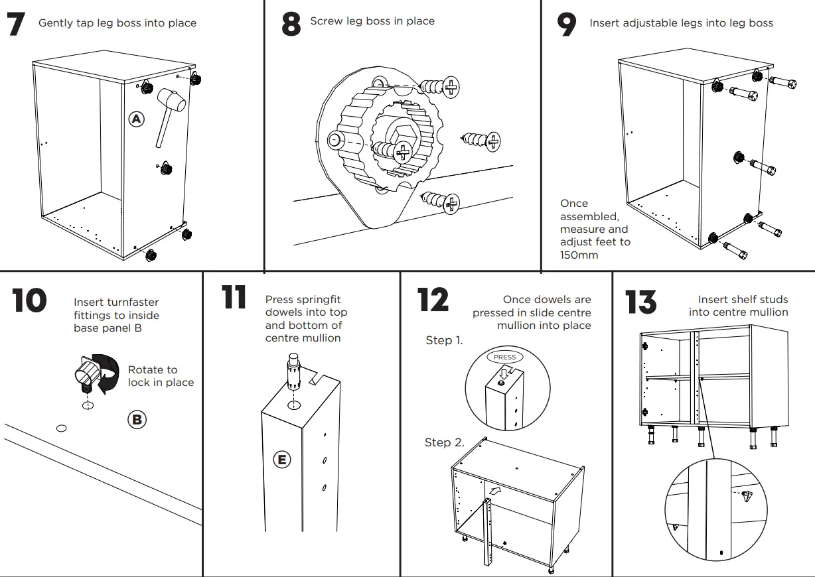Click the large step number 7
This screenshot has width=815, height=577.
[x=17, y=25]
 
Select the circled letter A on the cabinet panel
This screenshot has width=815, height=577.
[x=136, y=119]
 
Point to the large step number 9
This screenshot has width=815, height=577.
[x=566, y=25]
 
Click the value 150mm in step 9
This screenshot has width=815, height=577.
[x=579, y=255]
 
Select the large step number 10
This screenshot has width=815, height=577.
[x=29, y=300]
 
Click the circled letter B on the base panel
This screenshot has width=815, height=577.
[x=136, y=420]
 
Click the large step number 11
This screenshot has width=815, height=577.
[x=234, y=298]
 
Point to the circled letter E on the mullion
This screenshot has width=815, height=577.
[x=283, y=460]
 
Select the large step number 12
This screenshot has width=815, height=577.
[x=432, y=300]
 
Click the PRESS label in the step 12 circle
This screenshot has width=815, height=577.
[x=505, y=357]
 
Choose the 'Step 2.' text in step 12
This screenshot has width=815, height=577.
[x=444, y=442]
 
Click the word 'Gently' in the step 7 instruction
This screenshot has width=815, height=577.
[x=56, y=23]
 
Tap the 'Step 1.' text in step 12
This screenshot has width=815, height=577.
[x=444, y=340]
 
